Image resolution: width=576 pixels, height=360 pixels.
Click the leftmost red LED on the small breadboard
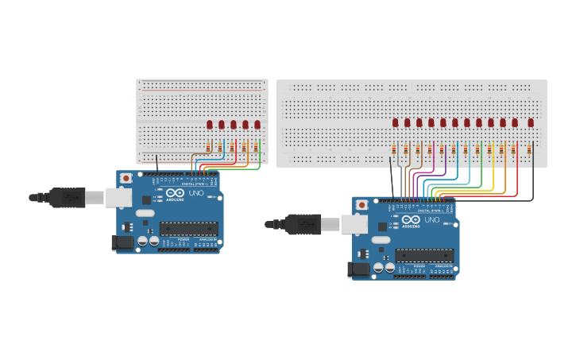click(x=210, y=124)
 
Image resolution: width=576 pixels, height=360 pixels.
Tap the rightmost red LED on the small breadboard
click(x=257, y=124)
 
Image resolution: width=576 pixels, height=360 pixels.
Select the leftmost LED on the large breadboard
click(x=395, y=122)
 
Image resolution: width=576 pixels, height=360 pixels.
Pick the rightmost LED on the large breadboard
click(x=531, y=122)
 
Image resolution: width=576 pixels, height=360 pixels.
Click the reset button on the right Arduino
click(x=362, y=205)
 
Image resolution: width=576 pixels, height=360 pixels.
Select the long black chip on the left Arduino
click(x=188, y=229)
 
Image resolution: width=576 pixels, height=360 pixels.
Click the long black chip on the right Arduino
click(x=424, y=256)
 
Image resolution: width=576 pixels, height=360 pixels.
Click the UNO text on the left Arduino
click(x=195, y=193)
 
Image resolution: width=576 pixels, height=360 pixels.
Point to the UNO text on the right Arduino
click(x=431, y=220)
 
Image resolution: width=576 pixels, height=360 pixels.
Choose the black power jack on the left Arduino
click(x=123, y=242)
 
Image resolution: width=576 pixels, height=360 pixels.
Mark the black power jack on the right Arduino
click(x=360, y=270)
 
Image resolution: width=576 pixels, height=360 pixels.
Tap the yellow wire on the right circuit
click(x=493, y=179)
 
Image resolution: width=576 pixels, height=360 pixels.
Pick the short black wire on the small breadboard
click(x=157, y=163)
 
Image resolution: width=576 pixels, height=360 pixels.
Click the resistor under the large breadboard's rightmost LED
click(x=530, y=149)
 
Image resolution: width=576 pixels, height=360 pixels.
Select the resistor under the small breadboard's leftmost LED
click(x=209, y=147)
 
